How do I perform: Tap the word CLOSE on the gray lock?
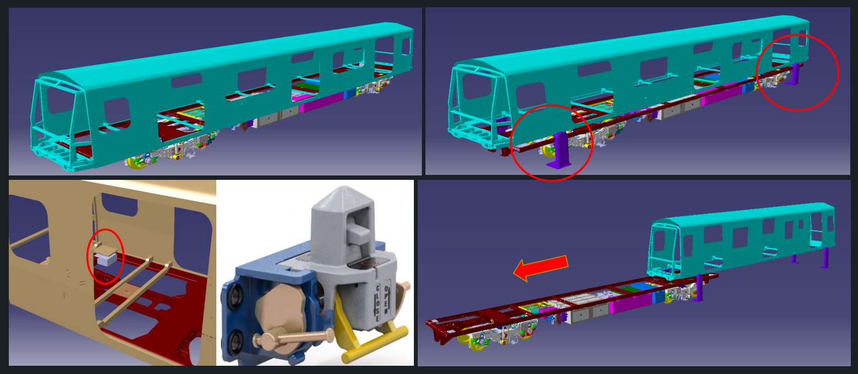coord(378,302)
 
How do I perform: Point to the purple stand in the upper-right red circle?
coord(795,74)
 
